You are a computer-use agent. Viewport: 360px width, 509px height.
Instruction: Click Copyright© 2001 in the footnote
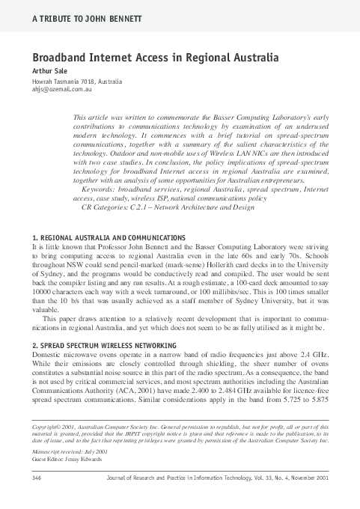(x=55, y=425)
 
